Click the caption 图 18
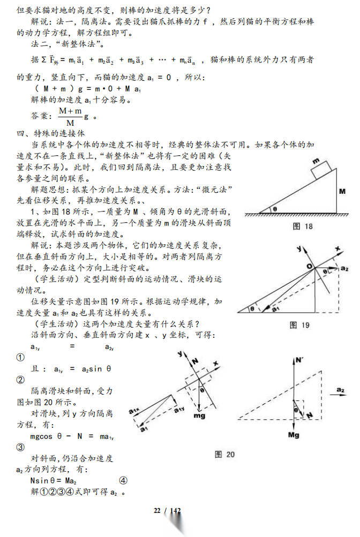(x=303, y=226)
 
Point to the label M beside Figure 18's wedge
(x=341, y=191)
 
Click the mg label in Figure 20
(x=199, y=416)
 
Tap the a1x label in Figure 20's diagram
(x=134, y=411)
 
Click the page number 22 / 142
(x=167, y=510)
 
